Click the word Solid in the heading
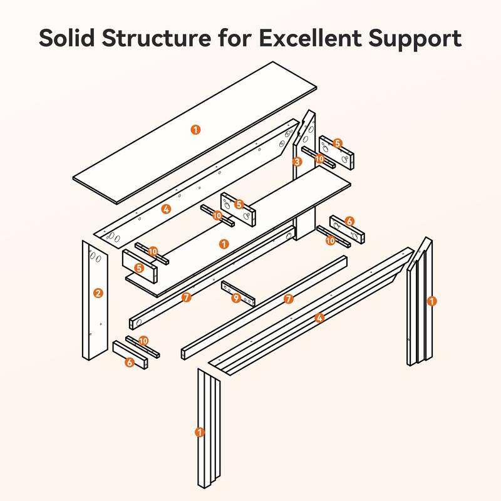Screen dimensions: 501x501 tap(66, 38)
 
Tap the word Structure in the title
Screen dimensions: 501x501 tap(156, 38)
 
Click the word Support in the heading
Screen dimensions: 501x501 tap(415, 39)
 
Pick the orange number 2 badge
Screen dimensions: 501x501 tap(98, 293)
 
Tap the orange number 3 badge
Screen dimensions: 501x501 tap(297, 162)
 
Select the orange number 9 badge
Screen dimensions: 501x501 tap(236, 299)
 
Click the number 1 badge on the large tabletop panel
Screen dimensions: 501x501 tap(195, 130)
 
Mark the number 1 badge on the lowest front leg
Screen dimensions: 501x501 tap(200, 432)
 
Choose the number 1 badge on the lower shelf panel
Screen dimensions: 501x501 tap(224, 244)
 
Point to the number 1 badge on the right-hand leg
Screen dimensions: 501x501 tap(431, 301)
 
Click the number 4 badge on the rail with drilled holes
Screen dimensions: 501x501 tap(166, 209)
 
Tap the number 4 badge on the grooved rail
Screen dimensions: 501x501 tap(319, 318)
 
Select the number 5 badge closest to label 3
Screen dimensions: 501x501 tap(338, 143)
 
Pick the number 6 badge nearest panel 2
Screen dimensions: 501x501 tap(130, 363)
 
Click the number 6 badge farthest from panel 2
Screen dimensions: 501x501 tap(349, 221)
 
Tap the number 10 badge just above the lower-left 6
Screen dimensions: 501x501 tap(143, 341)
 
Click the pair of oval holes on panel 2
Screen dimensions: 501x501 tap(95, 257)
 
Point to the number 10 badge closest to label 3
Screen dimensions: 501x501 tap(319, 159)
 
